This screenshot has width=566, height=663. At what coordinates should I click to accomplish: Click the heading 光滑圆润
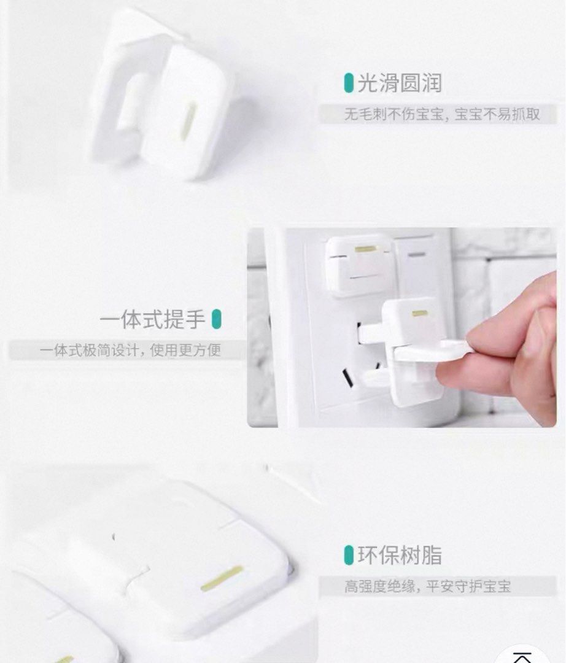pyautogui.click(x=399, y=83)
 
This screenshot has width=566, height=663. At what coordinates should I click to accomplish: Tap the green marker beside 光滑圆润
pyautogui.click(x=349, y=83)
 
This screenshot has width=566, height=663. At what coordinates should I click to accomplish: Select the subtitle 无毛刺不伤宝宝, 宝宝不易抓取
pyautogui.click(x=441, y=114)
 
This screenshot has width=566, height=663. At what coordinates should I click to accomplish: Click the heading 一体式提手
pyautogui.click(x=152, y=320)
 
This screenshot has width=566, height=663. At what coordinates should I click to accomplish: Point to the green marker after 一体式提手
pyautogui.click(x=216, y=319)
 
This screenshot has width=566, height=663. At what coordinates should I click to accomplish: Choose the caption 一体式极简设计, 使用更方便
pyautogui.click(x=130, y=351)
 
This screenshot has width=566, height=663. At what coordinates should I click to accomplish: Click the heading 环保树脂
pyautogui.click(x=400, y=555)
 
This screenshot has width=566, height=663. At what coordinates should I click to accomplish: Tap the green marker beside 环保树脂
pyautogui.click(x=349, y=555)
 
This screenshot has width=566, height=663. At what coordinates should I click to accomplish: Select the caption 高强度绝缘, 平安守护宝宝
pyautogui.click(x=427, y=586)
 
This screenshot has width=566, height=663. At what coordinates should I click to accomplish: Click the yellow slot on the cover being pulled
pyautogui.click(x=419, y=313)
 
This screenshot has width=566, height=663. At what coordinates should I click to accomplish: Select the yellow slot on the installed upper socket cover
pyautogui.click(x=365, y=249)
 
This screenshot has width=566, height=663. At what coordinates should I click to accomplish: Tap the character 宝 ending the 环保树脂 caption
pyautogui.click(x=504, y=586)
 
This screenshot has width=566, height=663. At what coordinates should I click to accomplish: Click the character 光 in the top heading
pyautogui.click(x=366, y=83)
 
